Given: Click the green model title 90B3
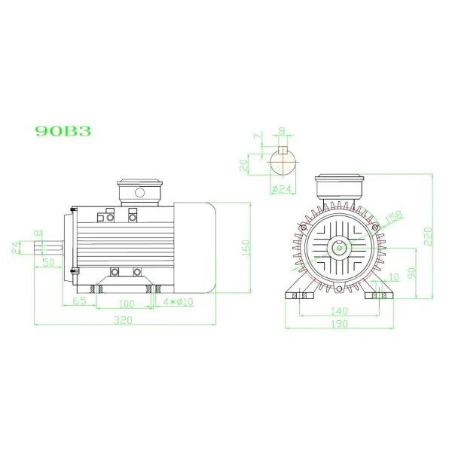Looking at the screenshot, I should tap(63, 130).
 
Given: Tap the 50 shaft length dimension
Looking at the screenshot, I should tap(47, 262).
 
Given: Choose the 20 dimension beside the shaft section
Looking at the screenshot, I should tap(243, 165).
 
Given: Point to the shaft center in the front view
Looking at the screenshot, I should tap(341, 246).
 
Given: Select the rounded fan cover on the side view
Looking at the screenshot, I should tap(197, 246).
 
